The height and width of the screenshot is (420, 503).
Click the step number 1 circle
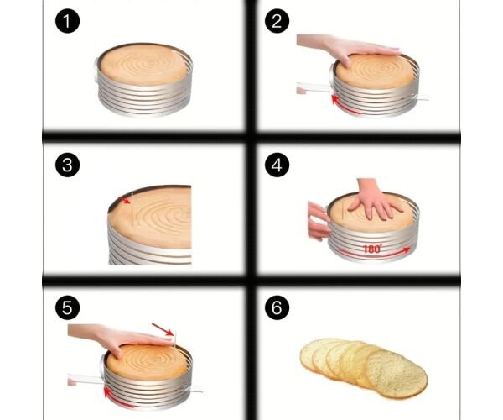67,21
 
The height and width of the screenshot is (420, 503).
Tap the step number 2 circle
277,21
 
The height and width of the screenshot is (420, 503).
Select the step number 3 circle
67,165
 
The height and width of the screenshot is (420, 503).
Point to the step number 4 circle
277,165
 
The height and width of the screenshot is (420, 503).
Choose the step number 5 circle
67,307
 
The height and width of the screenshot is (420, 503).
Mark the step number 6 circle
277,307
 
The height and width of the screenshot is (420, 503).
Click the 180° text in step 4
372,249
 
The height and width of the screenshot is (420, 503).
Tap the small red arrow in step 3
125,200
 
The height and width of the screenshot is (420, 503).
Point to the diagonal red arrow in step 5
163,329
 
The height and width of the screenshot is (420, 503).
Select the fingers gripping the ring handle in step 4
319,221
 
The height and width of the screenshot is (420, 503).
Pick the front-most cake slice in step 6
397,374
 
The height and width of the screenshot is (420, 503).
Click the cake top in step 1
143,65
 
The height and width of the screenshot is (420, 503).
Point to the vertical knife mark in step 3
132,209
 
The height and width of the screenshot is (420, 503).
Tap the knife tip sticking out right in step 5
196,391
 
